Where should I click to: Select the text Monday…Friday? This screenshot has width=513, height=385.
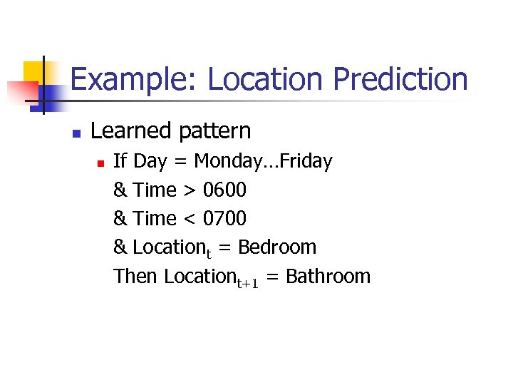(263, 162)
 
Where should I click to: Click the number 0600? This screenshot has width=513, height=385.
(224, 190)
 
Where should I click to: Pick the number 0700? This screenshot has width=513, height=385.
(224, 219)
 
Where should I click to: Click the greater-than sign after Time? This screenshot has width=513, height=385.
(189, 191)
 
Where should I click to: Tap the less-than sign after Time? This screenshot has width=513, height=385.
(189, 220)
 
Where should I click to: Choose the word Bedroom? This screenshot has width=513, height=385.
(277, 247)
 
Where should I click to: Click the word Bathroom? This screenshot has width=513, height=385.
(328, 276)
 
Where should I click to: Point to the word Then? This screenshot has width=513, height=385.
(135, 276)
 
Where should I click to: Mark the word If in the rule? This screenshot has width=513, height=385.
(120, 162)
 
